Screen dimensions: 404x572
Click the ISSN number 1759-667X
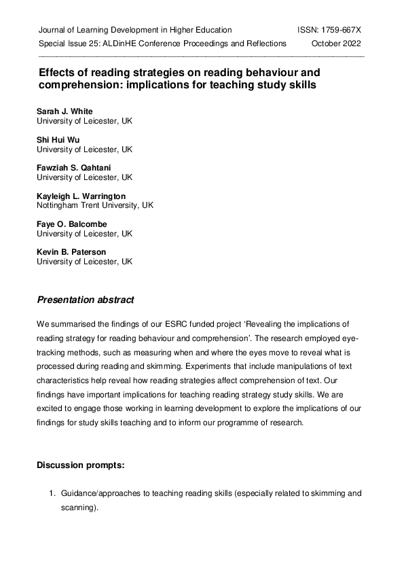(339, 30)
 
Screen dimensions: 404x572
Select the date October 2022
(337, 43)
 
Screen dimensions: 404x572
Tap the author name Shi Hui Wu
(58, 140)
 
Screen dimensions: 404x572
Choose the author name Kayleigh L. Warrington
(81, 196)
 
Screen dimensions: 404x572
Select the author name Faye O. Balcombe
(71, 224)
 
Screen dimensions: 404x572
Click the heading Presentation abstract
(86, 300)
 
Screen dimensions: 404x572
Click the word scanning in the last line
(78, 507)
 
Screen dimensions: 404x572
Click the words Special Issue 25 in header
(71, 43)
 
